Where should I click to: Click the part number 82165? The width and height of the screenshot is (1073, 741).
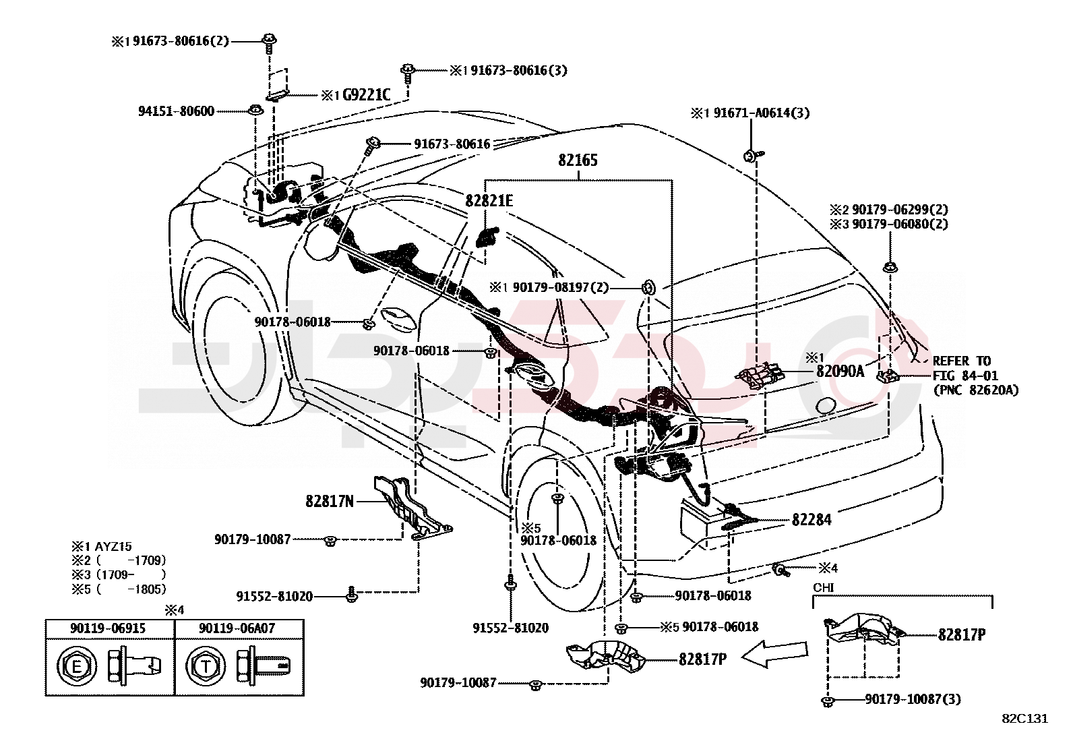(x=578, y=160)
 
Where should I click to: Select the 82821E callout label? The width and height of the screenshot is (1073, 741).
(x=489, y=201)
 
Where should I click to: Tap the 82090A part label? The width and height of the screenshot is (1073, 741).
(x=840, y=371)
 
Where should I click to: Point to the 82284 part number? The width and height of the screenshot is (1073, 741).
(x=811, y=520)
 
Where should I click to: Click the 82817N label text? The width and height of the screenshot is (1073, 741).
(x=330, y=502)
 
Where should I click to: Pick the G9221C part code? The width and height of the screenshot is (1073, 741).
(x=367, y=95)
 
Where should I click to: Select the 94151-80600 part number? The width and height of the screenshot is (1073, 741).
(x=177, y=111)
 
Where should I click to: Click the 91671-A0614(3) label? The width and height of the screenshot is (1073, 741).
(x=762, y=113)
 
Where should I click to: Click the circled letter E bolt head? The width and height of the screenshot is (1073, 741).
(x=77, y=666)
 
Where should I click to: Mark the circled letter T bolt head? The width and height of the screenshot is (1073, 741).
(x=206, y=666)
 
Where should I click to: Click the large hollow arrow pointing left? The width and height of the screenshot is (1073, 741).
(x=775, y=655)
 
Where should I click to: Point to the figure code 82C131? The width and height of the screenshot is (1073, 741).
(x=1025, y=719)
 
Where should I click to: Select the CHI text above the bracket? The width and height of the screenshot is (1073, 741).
(x=824, y=588)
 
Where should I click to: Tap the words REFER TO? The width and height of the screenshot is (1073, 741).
(x=962, y=361)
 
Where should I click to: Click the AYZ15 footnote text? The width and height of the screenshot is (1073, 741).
(x=113, y=546)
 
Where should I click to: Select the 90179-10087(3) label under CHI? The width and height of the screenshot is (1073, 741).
(x=913, y=699)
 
